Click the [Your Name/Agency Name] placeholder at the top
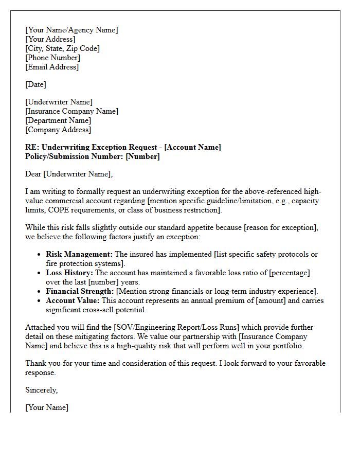point(71,30)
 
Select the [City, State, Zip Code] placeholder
point(62,48)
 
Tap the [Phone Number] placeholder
point(52,58)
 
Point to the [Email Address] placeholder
point(52,67)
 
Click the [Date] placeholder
point(35,84)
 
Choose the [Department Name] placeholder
point(58,120)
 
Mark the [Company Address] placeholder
point(58,130)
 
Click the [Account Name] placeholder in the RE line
point(192,147)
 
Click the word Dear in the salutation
point(33,174)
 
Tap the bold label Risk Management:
point(79,254)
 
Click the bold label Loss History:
point(69,273)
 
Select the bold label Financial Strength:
point(80,291)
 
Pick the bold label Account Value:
point(73,300)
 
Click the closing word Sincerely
point(41,390)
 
